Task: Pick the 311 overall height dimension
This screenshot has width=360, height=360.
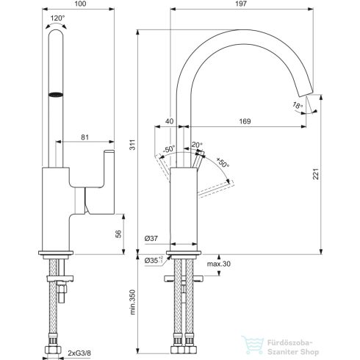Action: click(x=133, y=146)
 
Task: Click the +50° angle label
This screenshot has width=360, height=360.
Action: click(x=223, y=163)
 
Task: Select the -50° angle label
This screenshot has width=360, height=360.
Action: click(x=169, y=149)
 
